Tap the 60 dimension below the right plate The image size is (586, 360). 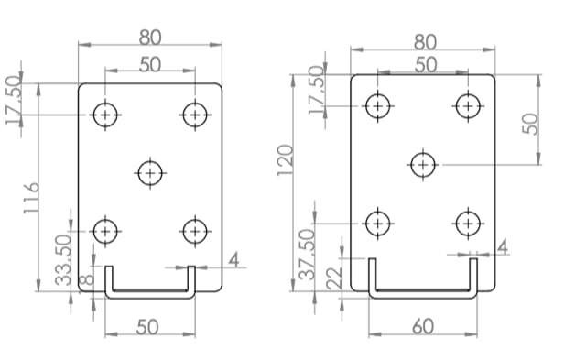[423, 326]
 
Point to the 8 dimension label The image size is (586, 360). [85, 281]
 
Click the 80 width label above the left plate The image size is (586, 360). [151, 38]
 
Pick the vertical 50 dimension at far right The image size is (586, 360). [531, 124]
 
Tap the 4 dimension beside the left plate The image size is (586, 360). [233, 260]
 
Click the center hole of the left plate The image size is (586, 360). [150, 172]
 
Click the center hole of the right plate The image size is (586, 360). [422, 165]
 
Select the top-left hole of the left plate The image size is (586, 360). [106, 115]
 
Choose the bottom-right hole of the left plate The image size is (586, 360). [194, 231]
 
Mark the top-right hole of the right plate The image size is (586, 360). [469, 105]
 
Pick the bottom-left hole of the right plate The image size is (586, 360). [377, 222]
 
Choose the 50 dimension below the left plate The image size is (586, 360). [148, 326]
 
